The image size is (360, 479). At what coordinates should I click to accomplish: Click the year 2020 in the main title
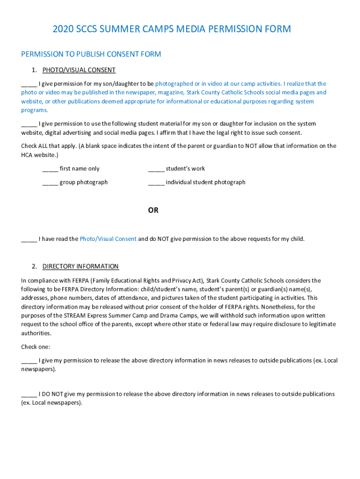pos(63,29)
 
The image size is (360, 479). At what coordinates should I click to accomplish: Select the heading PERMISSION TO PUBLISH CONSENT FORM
pos(91,54)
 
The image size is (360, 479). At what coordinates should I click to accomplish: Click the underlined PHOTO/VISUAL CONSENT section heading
pos(79,70)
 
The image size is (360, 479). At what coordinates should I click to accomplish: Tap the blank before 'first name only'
pos(50,169)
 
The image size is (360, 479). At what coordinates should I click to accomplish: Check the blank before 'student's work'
pos(156,169)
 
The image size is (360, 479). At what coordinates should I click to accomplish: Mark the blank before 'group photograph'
pos(50,182)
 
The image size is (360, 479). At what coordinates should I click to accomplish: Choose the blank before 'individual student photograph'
pos(156,182)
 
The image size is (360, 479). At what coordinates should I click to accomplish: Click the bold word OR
pos(153,210)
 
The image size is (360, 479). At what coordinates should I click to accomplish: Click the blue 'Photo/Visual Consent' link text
pos(108,239)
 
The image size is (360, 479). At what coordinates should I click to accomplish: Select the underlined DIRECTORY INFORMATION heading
pos(80,267)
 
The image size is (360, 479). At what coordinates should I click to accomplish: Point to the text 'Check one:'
pos(36,347)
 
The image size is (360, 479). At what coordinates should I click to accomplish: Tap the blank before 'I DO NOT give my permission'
pos(29,394)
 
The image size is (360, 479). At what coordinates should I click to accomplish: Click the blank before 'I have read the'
pos(29,239)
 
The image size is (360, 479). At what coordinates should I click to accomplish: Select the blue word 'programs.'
pos(34,110)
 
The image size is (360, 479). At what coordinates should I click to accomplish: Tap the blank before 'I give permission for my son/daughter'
pos(29,84)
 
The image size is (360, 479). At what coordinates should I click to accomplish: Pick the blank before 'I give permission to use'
pos(29,124)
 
